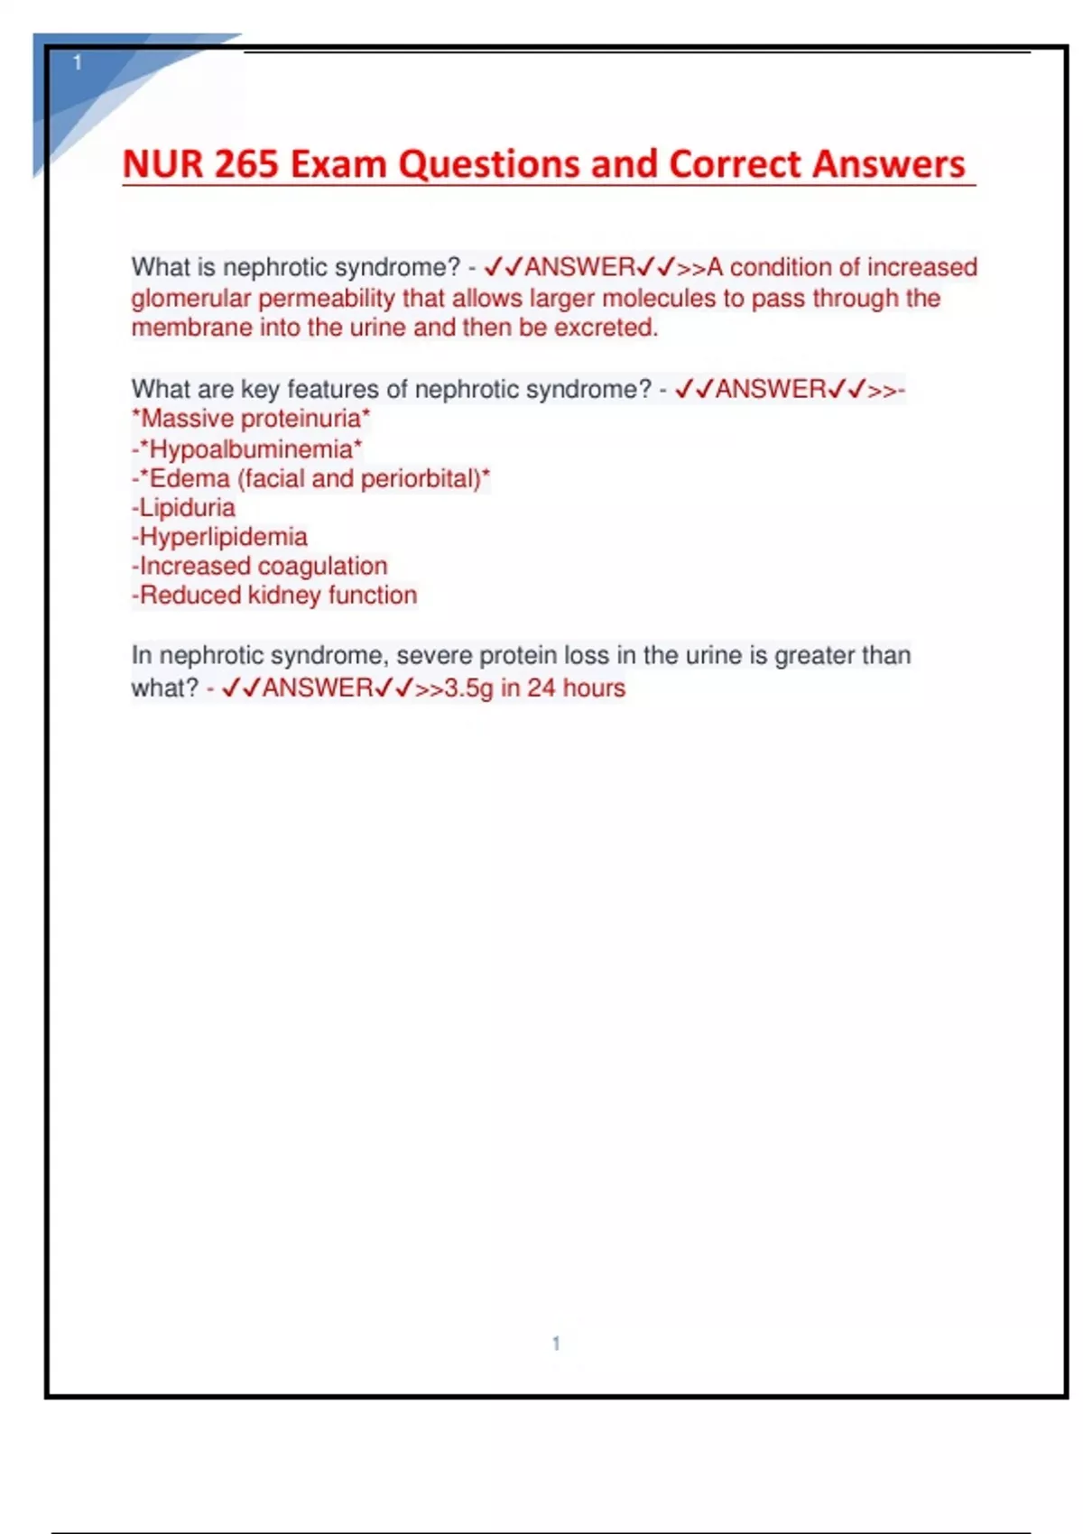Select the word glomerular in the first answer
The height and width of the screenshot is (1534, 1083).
pos(190,298)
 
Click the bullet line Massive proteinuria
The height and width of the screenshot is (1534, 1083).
pos(251,419)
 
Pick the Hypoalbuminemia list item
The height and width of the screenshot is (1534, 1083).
pos(249,448)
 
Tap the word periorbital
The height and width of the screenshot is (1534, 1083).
pos(421,478)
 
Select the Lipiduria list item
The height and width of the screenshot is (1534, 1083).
pos(186,507)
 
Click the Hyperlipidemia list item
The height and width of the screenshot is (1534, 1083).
pos(222,537)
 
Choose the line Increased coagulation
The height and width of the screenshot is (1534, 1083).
pos(262,566)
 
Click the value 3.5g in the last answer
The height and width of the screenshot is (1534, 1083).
pos(468,688)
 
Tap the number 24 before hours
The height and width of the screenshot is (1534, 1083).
pos(541,688)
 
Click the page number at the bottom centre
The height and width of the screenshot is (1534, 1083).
pos(556,1344)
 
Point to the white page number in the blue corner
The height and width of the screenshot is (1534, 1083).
pos(78,62)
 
